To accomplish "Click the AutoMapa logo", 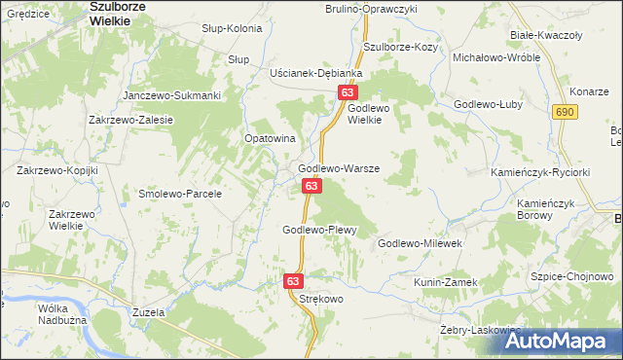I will point(562,341).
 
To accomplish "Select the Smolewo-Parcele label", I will point(180,194).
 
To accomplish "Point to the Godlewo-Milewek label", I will point(424,243).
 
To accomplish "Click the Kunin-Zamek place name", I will point(446,282).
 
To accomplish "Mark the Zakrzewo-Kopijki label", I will point(57,170).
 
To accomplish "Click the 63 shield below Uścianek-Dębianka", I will point(348,91).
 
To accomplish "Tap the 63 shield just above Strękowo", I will point(294,280).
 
